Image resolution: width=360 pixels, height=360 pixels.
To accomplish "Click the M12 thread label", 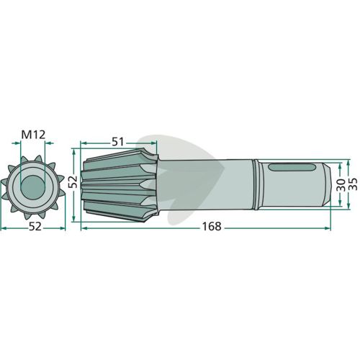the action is click(x=33, y=135).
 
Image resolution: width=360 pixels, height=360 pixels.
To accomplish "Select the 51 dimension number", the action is click(x=118, y=142).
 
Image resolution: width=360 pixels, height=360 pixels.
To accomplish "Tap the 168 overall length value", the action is click(x=212, y=226).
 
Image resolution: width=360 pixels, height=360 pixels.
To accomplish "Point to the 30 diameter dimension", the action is click(x=340, y=185).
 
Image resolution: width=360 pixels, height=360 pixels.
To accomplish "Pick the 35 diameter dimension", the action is click(x=353, y=184).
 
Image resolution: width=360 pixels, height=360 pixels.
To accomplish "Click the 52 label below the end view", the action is click(x=35, y=226).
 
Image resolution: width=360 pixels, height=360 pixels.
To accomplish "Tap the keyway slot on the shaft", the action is click(x=292, y=167).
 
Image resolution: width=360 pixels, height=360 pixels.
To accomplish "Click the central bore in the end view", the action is click(x=32, y=187).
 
